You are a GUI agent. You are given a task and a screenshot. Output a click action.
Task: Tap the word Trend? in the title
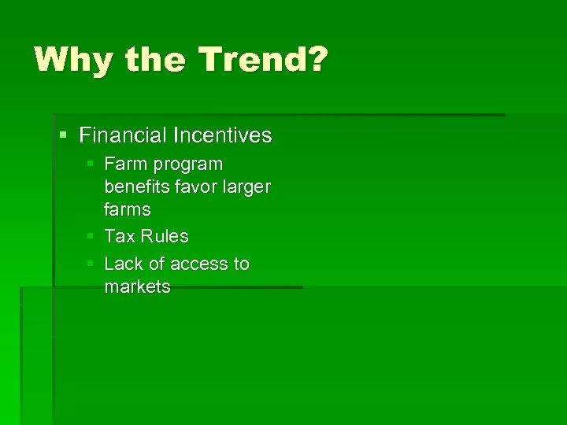(x=260, y=61)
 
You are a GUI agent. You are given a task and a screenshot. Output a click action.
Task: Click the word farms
(x=128, y=209)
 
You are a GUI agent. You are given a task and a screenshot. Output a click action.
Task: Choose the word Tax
(x=120, y=236)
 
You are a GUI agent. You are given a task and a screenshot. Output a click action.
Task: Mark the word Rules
(x=165, y=236)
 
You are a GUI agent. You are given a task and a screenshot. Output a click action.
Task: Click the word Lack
(x=123, y=264)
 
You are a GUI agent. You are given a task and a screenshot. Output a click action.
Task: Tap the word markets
(x=137, y=286)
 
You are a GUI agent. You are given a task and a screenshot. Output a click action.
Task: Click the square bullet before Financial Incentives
(x=64, y=135)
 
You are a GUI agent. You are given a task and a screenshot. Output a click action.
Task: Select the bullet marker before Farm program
(x=91, y=164)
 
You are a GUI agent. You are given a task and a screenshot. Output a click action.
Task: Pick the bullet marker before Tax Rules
(x=91, y=236)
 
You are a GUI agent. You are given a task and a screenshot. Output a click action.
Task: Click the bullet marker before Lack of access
(x=91, y=264)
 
